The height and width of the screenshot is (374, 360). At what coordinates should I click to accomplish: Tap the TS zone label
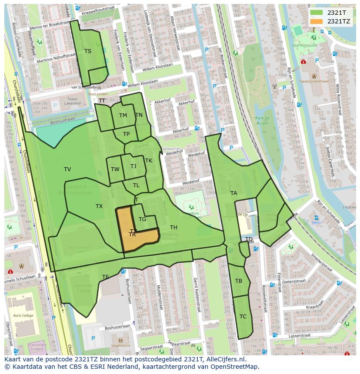tap(88, 51)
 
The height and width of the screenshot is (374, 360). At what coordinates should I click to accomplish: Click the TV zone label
tap(67, 169)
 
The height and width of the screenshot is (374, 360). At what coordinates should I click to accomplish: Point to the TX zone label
tap(99, 206)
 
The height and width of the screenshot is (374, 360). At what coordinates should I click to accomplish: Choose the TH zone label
tap(173, 228)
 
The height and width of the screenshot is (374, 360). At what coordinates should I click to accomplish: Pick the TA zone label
tap(234, 193)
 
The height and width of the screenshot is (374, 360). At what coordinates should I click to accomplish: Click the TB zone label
tap(239, 281)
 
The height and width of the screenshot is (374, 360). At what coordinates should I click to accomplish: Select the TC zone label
tap(243, 317)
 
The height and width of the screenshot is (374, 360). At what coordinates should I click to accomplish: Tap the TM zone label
tap(123, 116)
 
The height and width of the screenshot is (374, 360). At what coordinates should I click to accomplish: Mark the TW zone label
tap(115, 169)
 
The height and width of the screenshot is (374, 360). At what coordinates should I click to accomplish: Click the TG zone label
tap(142, 219)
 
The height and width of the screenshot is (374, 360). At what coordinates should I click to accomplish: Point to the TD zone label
tap(249, 239)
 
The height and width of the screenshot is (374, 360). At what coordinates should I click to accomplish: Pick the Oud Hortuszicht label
tap(305, 45)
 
